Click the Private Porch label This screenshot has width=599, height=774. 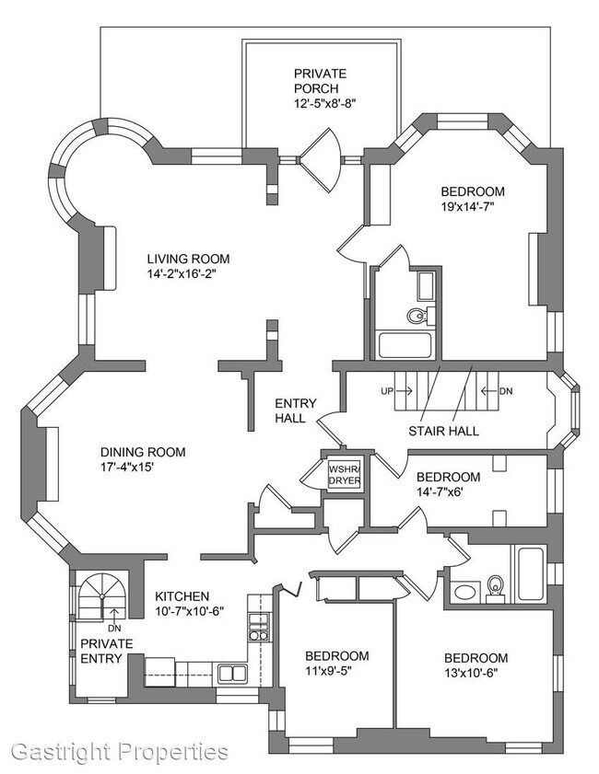pos(319,80)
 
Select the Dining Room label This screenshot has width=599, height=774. pos(143,452)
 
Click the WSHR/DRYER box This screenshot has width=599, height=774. pos(343,474)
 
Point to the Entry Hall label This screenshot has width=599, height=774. pos(296,410)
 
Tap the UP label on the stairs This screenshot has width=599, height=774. pos(387,391)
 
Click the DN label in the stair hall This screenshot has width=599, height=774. pos(505,391)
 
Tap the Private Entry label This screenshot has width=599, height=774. pos(106,650)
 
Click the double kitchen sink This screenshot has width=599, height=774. pos(231,673)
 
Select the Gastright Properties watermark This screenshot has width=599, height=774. pos(114,751)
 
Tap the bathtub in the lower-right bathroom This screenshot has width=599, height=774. pos(530,573)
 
